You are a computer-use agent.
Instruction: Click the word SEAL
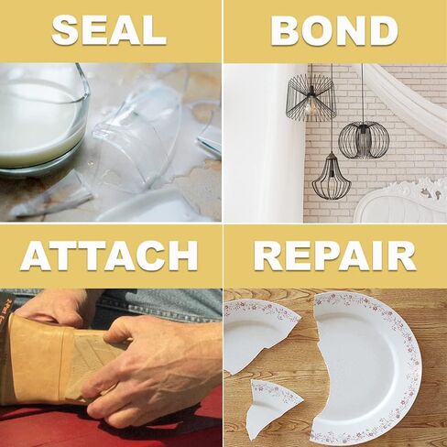pyautogui.click(x=109, y=30)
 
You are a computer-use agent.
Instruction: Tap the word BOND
pyautogui.click(x=334, y=30)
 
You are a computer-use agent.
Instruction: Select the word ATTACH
pyautogui.click(x=109, y=256)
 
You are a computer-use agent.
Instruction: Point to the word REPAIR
pyautogui.click(x=335, y=256)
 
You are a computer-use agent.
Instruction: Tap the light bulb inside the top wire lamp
pyautogui.click(x=310, y=107)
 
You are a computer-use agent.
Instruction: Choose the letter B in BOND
pyautogui.click(x=286, y=30)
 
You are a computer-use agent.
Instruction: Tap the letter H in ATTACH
pyautogui.click(x=182, y=256)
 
